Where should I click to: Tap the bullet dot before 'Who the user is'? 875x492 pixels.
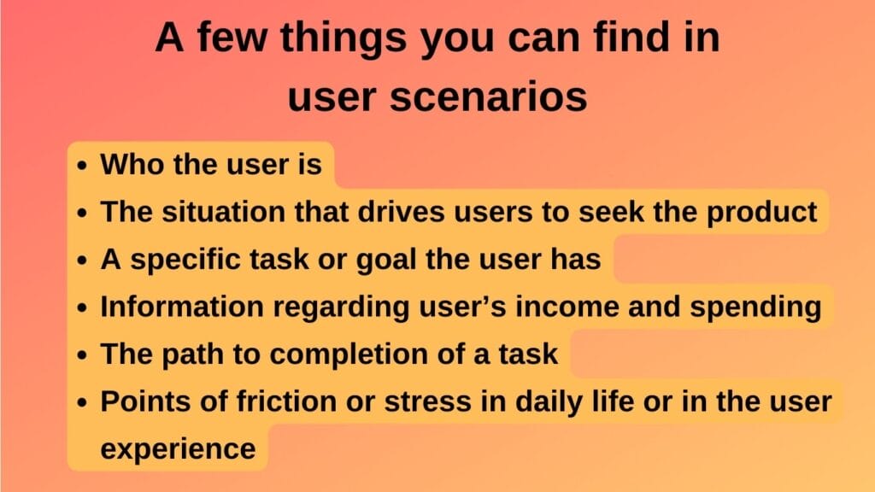coord(81,166)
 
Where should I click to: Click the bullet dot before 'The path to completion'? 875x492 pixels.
coord(81,355)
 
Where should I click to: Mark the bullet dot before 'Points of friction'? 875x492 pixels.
coord(81,403)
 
